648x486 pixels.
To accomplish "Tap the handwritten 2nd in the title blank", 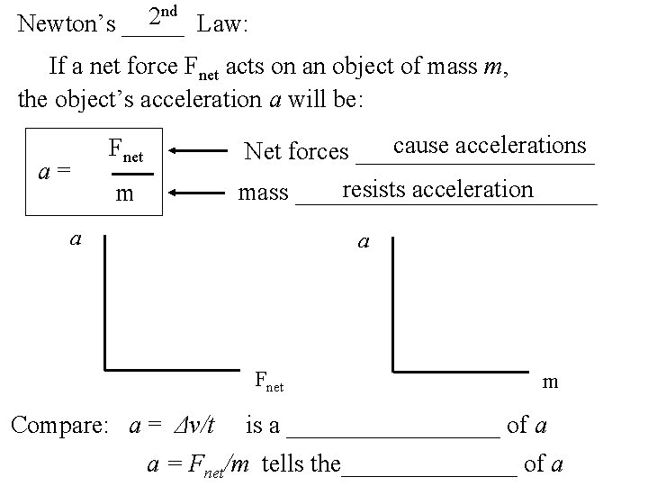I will coord(163,14).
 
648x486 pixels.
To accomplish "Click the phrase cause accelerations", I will coord(490,146).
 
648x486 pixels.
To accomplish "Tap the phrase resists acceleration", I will coord(438,189).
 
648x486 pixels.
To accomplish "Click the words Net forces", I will coord(296,151).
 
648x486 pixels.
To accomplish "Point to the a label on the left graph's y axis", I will coord(77,238).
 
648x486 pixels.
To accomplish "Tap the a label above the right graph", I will coord(363,241).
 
